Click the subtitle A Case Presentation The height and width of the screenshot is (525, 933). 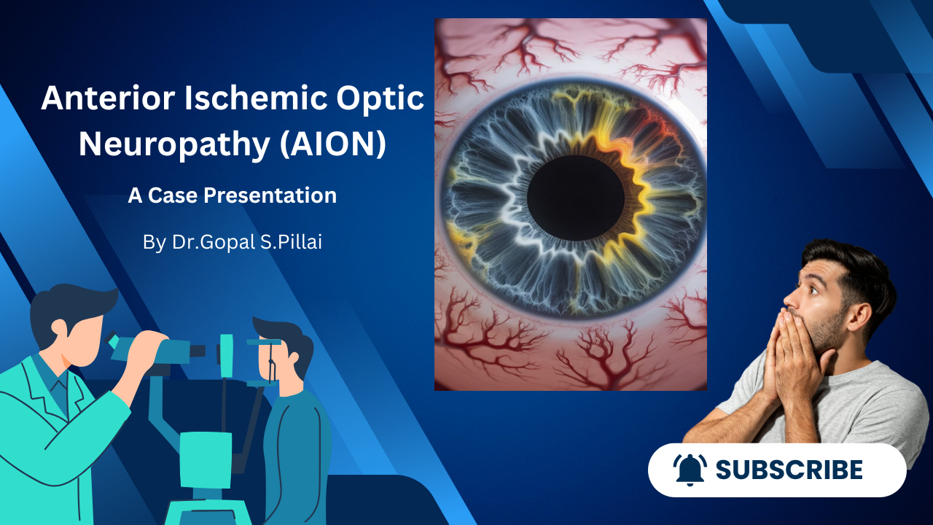[232, 195]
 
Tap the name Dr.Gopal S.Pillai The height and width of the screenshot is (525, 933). [246, 242]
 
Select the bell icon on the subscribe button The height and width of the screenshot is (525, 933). [689, 470]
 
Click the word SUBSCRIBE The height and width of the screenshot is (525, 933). [789, 470]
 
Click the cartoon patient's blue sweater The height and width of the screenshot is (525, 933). [295, 445]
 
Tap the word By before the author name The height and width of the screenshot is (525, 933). [154, 242]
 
